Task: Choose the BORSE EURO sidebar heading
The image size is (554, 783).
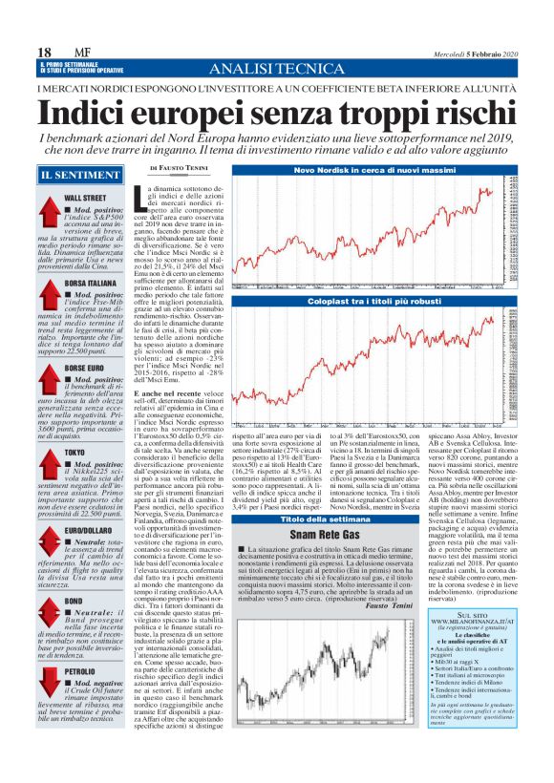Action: (x=83, y=368)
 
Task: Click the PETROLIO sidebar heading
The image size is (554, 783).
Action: (x=80, y=672)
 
